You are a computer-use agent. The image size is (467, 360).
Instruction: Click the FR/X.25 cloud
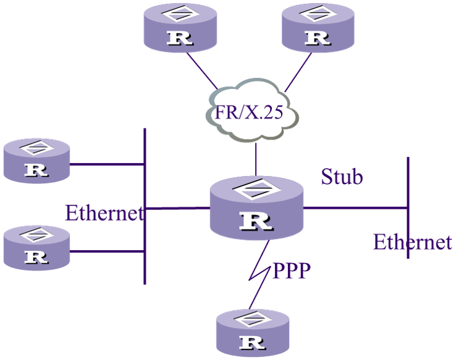pos(253,112)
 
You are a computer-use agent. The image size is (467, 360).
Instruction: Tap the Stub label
pos(342,177)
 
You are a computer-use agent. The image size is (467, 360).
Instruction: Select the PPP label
pos(292,271)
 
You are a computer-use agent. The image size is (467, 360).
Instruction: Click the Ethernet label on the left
pos(104,213)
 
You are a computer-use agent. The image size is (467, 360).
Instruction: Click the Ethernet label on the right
pos(413,241)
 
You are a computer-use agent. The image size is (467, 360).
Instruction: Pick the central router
pos(256,207)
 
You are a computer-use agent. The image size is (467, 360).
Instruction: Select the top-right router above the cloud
pos(318,28)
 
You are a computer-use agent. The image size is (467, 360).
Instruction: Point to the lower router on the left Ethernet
pos(37,247)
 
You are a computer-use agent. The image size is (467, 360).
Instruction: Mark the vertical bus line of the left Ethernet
pos(145,247)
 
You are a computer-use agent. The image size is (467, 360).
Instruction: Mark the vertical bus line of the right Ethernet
pos(408,185)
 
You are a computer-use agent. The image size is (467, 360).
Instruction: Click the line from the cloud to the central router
pos(256,159)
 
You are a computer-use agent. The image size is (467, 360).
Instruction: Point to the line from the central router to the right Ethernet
pos(355,207)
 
